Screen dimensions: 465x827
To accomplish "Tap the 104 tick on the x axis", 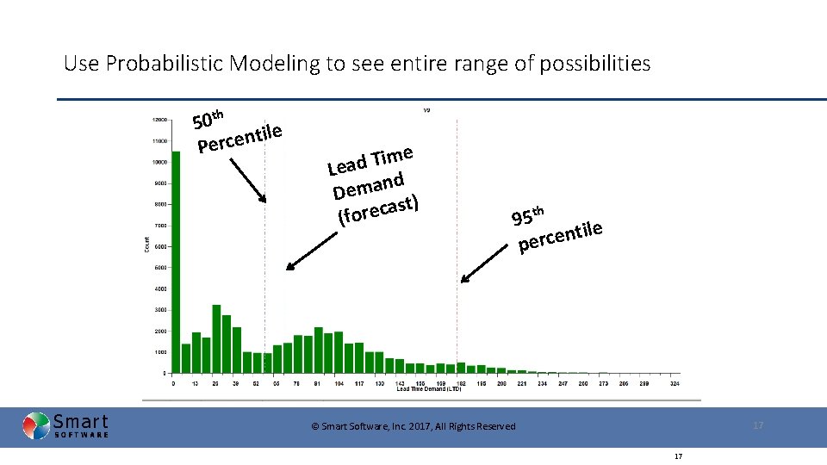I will (339, 382).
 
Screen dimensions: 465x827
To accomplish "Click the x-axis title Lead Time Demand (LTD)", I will (429, 389).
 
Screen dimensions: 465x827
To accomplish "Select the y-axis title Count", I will (146, 245).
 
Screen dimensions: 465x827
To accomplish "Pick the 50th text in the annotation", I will (208, 117).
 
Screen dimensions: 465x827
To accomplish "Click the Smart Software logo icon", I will (36, 426).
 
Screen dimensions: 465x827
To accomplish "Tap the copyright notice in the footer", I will (413, 426).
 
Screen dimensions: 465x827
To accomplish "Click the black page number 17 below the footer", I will (679, 456).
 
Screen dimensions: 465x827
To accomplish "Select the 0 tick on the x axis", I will (174, 382).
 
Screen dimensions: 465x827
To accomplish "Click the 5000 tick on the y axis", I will (160, 268).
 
